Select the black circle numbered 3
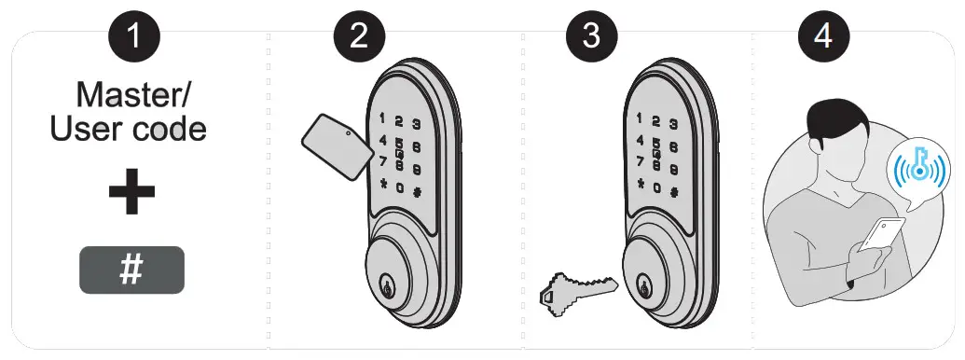point(591,39)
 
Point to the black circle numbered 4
point(823,39)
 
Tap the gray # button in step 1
point(131,270)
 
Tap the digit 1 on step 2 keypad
point(381,119)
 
